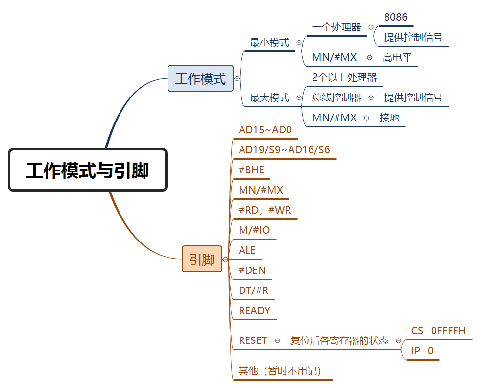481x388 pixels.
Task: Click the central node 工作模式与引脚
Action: (88, 170)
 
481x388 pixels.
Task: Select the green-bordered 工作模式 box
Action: (200, 78)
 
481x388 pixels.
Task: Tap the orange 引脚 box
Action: (202, 259)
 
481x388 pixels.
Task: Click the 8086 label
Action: (395, 17)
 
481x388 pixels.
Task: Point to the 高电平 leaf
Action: (397, 57)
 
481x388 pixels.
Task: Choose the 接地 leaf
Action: (389, 118)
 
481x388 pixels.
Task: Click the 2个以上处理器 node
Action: (344, 77)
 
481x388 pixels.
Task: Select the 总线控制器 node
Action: (337, 97)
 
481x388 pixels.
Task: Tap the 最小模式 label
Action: (269, 42)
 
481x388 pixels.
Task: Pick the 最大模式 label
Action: (269, 97)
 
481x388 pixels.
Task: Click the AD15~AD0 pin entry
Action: (265, 130)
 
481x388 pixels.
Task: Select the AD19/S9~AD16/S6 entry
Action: (284, 150)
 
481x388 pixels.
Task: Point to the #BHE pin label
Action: (251, 170)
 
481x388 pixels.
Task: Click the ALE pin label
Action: (247, 250)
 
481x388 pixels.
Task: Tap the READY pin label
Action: (254, 310)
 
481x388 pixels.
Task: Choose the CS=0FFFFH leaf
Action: (438, 331)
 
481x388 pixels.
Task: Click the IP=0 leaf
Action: (422, 351)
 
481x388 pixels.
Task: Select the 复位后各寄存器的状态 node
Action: (339, 340)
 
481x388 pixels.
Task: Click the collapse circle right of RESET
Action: (278, 340)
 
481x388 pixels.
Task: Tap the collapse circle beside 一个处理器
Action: (371, 27)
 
